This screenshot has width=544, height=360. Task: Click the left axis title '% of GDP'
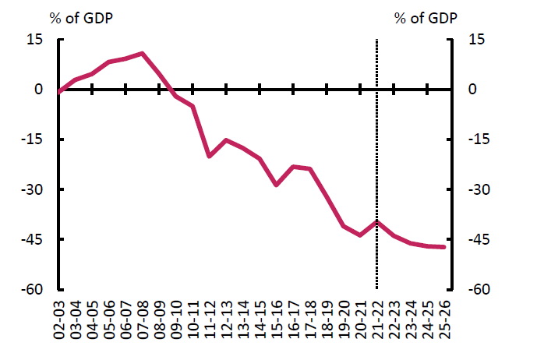coord(83,18)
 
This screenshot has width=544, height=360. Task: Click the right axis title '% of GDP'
coord(426,18)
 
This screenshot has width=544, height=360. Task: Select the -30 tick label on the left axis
coord(33,190)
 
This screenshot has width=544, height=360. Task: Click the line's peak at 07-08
coord(143,54)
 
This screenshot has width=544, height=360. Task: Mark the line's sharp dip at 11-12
coord(210,156)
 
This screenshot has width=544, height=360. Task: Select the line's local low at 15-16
coord(277,185)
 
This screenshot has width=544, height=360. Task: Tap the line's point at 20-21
coord(360,235)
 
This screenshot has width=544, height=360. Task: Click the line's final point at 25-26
coord(443,247)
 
